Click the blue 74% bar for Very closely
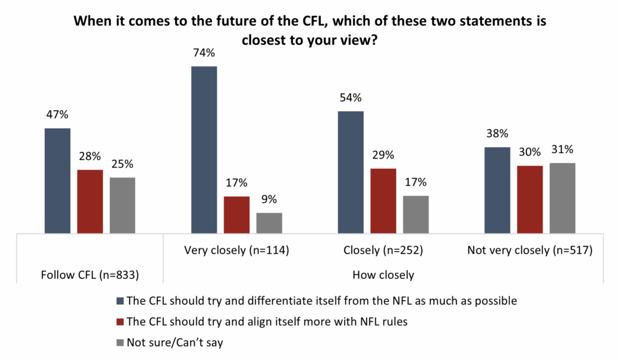(204, 149)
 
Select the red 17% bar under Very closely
(237, 215)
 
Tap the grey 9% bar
(269, 223)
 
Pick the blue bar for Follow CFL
(58, 180)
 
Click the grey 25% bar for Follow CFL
(122, 205)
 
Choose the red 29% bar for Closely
(383, 200)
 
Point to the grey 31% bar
(562, 198)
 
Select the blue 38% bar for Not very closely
(498, 190)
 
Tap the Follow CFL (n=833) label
(90, 275)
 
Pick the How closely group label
(383, 275)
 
